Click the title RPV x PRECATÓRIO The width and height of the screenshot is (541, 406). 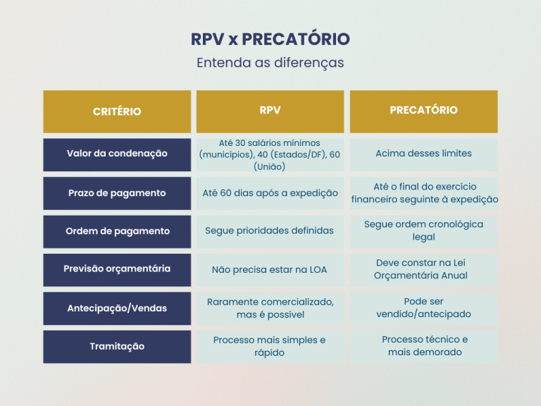tap(270, 39)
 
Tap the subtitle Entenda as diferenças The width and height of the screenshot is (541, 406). tap(270, 63)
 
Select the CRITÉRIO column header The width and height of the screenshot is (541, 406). tap(117, 111)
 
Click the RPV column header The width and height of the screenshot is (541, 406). tap(270, 111)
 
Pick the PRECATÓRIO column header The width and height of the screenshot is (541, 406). tap(423, 111)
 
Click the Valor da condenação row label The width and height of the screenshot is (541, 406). tap(117, 154)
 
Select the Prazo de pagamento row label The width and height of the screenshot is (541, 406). tap(117, 193)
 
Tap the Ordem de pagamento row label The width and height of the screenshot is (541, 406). tap(117, 232)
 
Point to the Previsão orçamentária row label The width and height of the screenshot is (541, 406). tap(117, 270)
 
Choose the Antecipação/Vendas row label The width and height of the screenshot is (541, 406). tap(117, 308)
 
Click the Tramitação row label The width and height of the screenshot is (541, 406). tap(117, 347)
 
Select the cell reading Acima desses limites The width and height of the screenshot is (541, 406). tap(423, 154)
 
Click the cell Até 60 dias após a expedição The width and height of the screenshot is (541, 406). tap(270, 193)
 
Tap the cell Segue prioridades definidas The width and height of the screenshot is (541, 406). tap(270, 232)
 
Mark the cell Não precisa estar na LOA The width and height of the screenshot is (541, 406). tap(270, 270)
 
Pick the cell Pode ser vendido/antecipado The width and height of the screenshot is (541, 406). tap(423, 308)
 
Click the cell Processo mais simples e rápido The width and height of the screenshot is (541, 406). tap(270, 347)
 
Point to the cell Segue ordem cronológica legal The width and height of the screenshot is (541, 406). tap(423, 232)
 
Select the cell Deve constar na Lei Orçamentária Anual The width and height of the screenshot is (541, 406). tap(423, 270)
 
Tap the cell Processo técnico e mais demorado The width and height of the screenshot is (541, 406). tap(423, 347)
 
